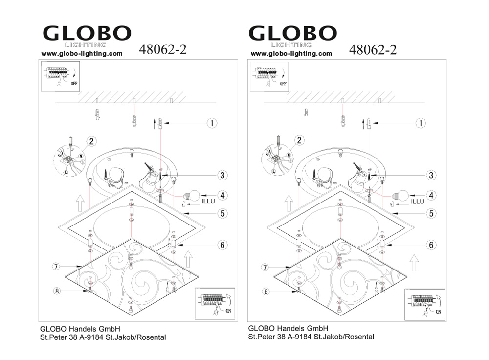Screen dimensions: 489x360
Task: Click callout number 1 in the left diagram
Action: pyautogui.click(x=212, y=123)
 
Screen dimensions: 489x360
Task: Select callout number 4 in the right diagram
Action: pyautogui.click(x=431, y=196)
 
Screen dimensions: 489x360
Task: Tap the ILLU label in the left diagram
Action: pyautogui.click(x=208, y=201)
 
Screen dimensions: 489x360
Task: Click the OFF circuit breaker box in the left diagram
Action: pyautogui.click(x=61, y=76)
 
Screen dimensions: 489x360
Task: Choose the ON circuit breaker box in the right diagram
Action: pyautogui.click(x=425, y=304)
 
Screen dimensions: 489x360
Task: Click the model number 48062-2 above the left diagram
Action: pyautogui.click(x=162, y=49)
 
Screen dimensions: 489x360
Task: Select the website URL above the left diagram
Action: pyautogui.click(x=82, y=54)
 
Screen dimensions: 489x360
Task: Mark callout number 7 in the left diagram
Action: pyautogui.click(x=56, y=267)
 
